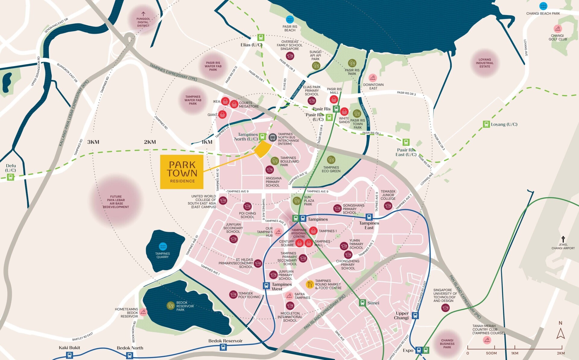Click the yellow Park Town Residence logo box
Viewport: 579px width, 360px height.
[x=182, y=172]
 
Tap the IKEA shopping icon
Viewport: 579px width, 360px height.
[x=225, y=101]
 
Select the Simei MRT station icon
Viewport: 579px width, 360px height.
[x=362, y=303]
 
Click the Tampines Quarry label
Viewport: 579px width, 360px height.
[x=163, y=255]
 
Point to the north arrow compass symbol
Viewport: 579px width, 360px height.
[x=560, y=333]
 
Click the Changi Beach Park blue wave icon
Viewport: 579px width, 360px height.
[x=543, y=6]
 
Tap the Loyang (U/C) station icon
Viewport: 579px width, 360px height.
[x=486, y=124]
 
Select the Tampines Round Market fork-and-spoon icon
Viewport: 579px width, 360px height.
[x=310, y=284]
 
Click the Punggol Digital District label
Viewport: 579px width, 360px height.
[x=143, y=22]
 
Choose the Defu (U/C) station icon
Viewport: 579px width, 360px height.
[x=11, y=177]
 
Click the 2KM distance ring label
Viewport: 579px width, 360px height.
[x=150, y=142]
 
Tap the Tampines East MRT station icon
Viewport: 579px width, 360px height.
[x=369, y=217]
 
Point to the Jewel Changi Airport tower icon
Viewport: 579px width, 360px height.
[x=563, y=239]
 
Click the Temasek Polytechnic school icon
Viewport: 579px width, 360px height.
[x=233, y=295]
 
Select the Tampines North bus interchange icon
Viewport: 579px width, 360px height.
[x=273, y=138]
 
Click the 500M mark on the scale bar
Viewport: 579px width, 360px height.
[x=491, y=353]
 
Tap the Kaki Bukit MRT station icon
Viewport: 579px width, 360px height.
[x=69, y=355]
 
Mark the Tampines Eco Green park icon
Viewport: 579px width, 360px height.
[x=331, y=160]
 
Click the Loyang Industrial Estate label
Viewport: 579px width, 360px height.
[x=485, y=63]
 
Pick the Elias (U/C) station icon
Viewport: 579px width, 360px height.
[x=261, y=37]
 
